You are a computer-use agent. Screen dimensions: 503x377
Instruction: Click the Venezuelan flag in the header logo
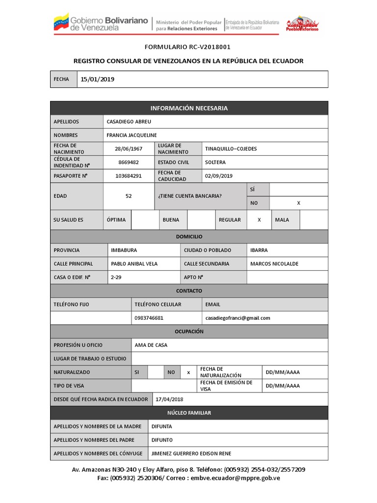click(x=61, y=23)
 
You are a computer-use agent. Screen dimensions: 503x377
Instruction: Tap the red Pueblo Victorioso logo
click(x=302, y=24)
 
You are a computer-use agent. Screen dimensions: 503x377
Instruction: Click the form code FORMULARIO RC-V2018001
click(x=187, y=47)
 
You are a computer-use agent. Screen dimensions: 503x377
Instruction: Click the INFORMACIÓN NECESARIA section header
click(x=189, y=108)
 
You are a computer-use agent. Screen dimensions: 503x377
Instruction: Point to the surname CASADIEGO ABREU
click(x=129, y=121)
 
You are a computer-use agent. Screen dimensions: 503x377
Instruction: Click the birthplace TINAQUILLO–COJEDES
click(x=231, y=148)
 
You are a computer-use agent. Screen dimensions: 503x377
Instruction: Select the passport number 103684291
click(x=128, y=176)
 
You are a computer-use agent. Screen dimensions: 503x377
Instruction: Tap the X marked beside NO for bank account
click(x=298, y=203)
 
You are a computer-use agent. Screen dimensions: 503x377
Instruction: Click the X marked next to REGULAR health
click(x=259, y=220)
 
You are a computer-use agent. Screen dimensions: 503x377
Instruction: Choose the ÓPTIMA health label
click(x=116, y=220)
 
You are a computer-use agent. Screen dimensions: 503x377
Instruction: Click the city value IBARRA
click(x=259, y=250)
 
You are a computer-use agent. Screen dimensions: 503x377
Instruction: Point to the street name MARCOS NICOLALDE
click(x=274, y=264)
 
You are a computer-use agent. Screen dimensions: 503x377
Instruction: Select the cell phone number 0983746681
click(x=149, y=318)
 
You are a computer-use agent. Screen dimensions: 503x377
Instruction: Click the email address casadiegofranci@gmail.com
click(x=238, y=318)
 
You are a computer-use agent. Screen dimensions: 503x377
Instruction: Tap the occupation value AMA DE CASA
click(x=151, y=345)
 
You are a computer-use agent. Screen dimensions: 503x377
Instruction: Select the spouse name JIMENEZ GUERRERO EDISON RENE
click(x=191, y=453)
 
